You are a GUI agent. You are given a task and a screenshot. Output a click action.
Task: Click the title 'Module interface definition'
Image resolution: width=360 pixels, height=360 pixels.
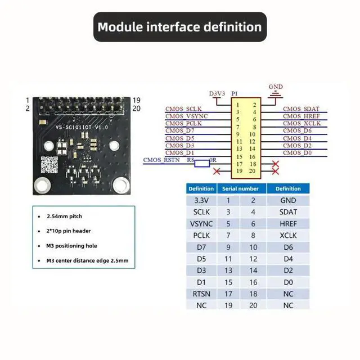pos(179,26)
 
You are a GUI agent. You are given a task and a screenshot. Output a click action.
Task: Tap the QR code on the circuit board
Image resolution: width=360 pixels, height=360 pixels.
pos(50,165)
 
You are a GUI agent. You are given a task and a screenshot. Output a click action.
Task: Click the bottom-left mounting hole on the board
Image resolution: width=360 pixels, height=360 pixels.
pos(41,184)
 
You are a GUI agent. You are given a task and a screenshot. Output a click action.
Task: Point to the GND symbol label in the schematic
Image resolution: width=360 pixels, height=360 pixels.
pos(276,87)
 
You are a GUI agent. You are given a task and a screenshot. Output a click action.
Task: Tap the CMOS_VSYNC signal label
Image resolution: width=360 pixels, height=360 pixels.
pos(187,116)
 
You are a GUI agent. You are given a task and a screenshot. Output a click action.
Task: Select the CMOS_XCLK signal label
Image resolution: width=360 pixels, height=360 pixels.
pos(301,123)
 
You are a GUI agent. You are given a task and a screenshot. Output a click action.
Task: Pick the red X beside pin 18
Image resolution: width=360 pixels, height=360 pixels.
pos(276,164)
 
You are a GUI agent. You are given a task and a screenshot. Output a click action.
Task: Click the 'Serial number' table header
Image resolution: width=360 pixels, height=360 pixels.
pos(240,188)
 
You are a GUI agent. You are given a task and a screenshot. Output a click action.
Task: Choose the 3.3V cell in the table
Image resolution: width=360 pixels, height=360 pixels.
pos(201,200)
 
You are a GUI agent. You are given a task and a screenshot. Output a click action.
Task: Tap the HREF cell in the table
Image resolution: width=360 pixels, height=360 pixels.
pos(288,223)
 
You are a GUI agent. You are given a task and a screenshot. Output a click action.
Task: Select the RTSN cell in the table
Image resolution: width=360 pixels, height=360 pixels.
pos(201,293)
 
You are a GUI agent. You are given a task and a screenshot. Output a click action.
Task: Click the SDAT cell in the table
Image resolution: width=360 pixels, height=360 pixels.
pos(288,212)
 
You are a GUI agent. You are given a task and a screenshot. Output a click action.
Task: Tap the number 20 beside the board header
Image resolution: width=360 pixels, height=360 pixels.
pos(136,109)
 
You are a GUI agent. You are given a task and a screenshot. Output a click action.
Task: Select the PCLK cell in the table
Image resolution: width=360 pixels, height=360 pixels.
pos(201,235)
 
